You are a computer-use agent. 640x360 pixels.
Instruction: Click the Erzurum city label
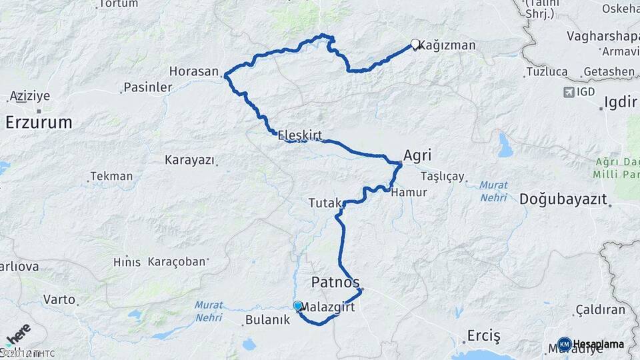pos(39,122)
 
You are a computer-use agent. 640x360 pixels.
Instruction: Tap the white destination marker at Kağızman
pos(415,45)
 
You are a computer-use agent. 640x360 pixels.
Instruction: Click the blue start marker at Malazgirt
pos(297,306)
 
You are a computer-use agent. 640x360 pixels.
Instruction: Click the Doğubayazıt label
pos(563,199)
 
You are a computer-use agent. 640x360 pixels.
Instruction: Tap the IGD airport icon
pos(569,91)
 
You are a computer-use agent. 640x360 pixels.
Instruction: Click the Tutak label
pos(325,202)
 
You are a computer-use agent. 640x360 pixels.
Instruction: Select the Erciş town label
pos(483,335)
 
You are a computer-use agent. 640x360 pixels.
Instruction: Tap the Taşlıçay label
pos(443,177)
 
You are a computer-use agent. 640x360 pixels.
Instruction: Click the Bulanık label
pos(268,320)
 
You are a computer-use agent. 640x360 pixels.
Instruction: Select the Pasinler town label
pos(148,87)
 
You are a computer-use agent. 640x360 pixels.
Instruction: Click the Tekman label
pos(111,177)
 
